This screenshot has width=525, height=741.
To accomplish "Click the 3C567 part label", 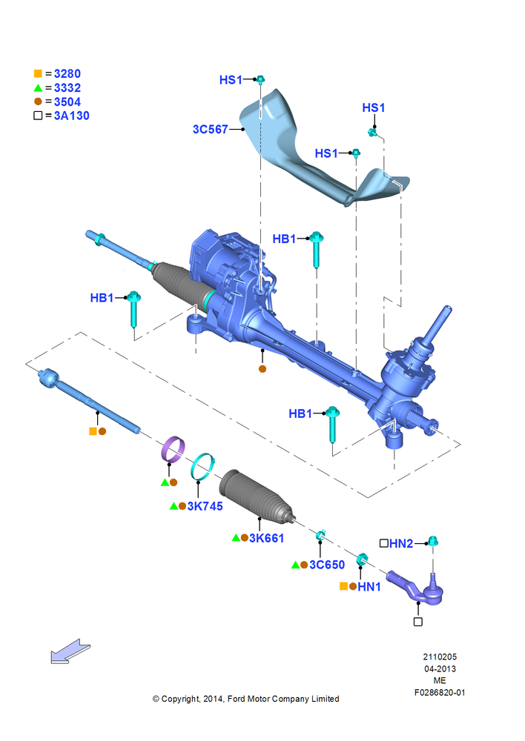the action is tap(211, 129).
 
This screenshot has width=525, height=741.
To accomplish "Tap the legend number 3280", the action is tap(67, 73).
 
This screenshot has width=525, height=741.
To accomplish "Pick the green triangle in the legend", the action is tap(38, 88).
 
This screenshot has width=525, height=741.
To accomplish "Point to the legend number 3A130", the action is tap(71, 116).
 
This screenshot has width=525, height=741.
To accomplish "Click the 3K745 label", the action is tap(205, 506).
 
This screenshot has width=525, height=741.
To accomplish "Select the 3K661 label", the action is tap(267, 538).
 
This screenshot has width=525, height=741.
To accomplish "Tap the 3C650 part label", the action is tap(327, 565).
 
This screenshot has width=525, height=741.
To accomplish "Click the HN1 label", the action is tap(369, 587).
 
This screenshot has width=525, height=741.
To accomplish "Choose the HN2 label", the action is tap(401, 543).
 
